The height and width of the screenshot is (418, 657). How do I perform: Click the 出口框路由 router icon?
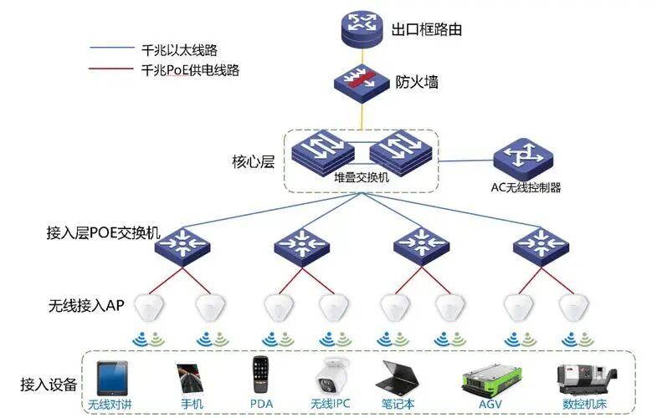pos(360,29)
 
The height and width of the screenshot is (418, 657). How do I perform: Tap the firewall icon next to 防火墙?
pos(360,84)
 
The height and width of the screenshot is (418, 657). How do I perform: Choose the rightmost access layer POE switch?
pos(540,244)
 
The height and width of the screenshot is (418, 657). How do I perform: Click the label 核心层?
pos(253,161)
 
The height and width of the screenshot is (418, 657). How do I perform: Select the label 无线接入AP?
pos(86,307)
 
